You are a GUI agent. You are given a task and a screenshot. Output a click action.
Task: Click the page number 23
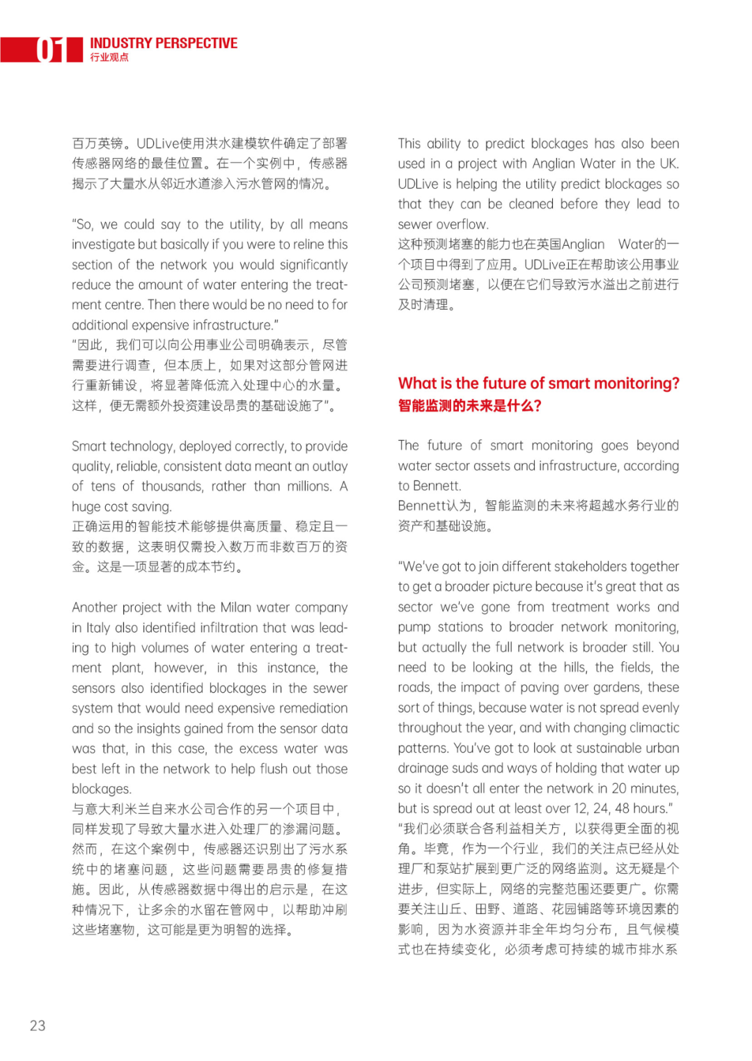point(38,1025)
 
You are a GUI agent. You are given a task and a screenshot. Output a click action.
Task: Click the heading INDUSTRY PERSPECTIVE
point(164,43)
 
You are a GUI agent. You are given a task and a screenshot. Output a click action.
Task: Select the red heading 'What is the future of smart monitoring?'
point(538,383)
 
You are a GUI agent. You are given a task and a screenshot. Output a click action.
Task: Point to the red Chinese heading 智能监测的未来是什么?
point(469,405)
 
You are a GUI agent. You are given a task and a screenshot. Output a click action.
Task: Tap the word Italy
point(98,627)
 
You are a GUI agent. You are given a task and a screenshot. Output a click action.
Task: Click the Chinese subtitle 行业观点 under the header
point(109,58)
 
